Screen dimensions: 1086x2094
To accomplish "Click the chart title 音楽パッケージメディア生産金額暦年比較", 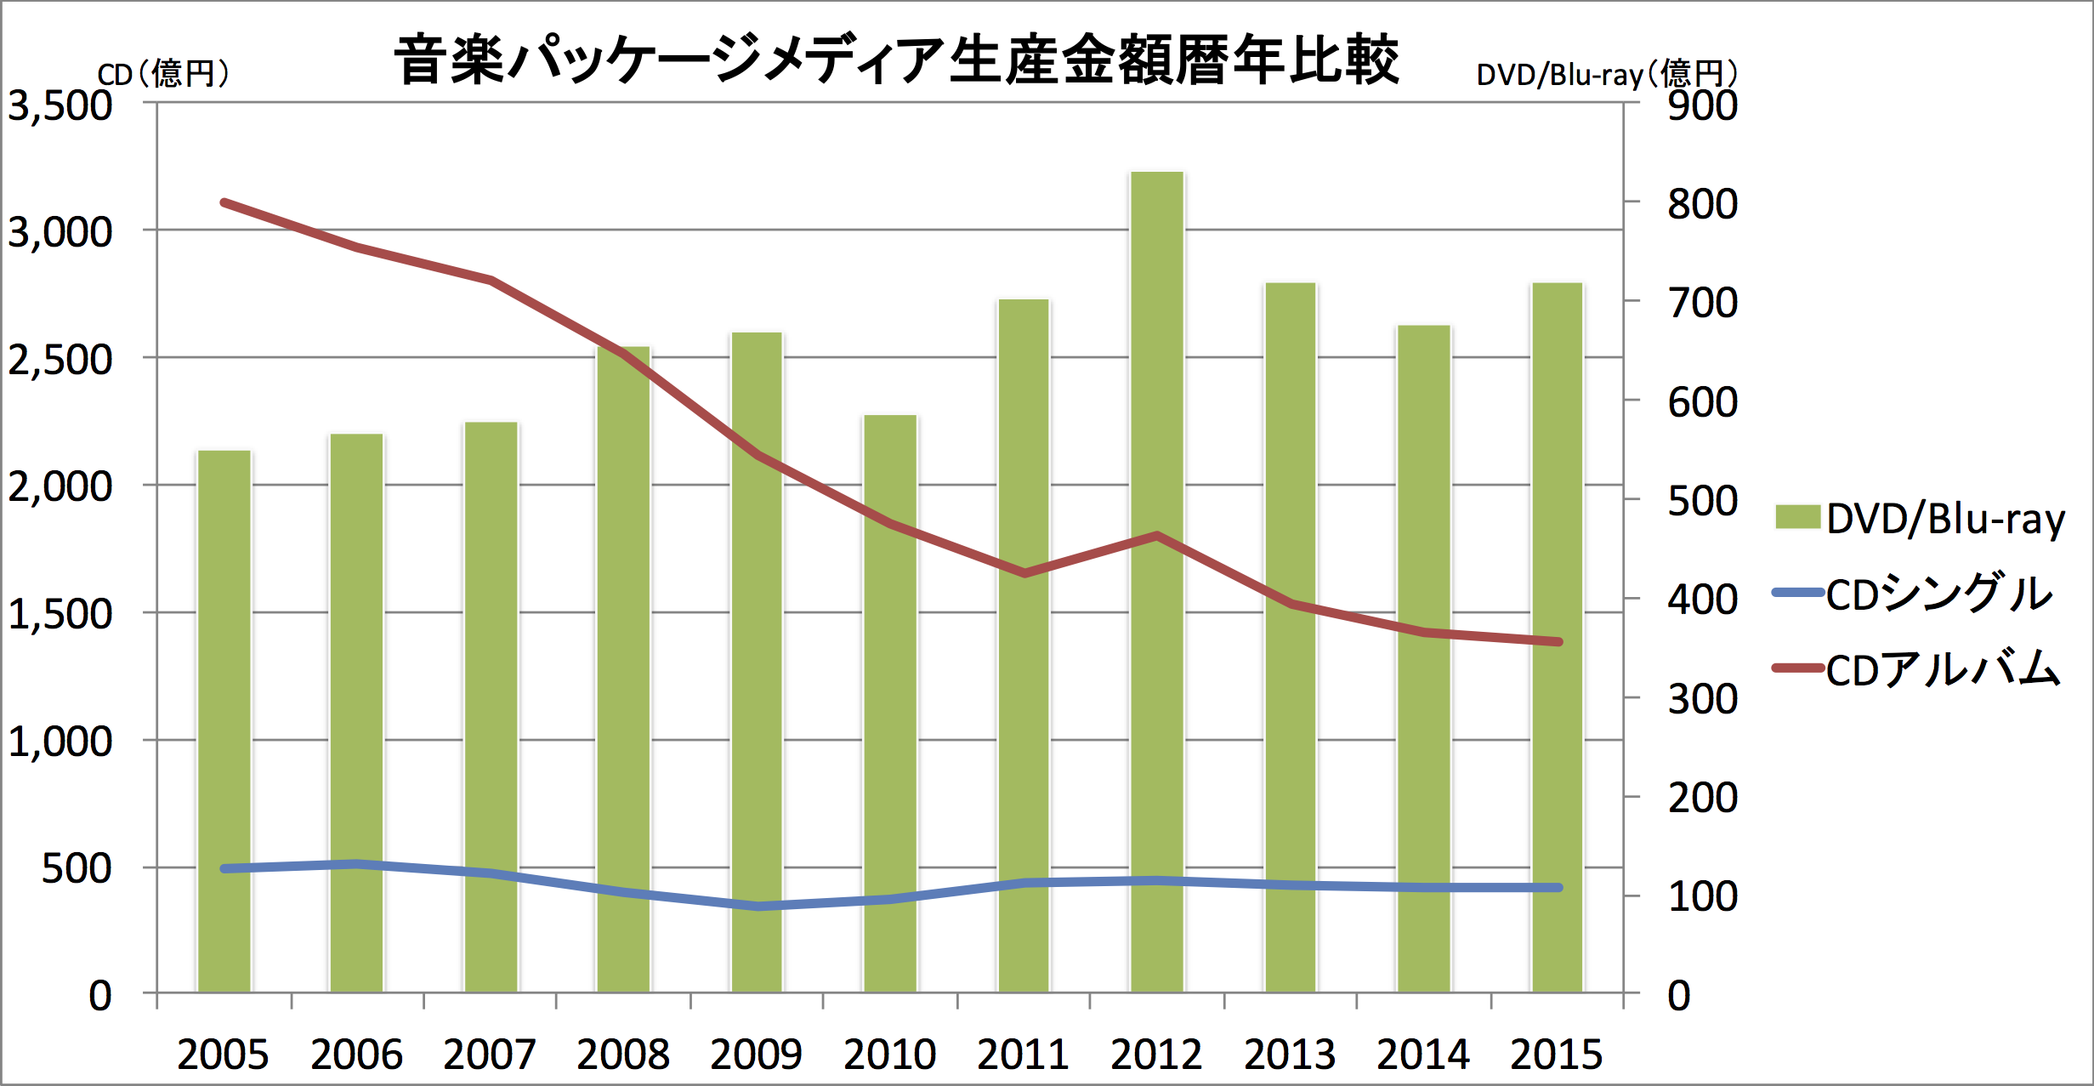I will tap(896, 60).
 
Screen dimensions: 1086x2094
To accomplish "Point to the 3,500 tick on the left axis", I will tap(60, 106).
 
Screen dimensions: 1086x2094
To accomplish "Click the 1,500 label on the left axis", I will tap(60, 614).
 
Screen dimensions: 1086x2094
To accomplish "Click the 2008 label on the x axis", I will tap(623, 1055).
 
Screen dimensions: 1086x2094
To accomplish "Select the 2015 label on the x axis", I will tap(1557, 1055).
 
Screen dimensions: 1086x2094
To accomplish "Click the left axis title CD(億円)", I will tap(163, 75).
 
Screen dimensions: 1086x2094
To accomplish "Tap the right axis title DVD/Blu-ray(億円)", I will tap(1607, 75).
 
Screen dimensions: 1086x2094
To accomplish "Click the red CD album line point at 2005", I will tap(224, 203).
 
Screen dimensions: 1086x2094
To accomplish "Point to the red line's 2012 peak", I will tap(1157, 536).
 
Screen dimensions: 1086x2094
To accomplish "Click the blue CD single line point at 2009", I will tap(758, 907).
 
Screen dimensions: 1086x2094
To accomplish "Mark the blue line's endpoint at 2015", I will tap(1558, 888).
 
